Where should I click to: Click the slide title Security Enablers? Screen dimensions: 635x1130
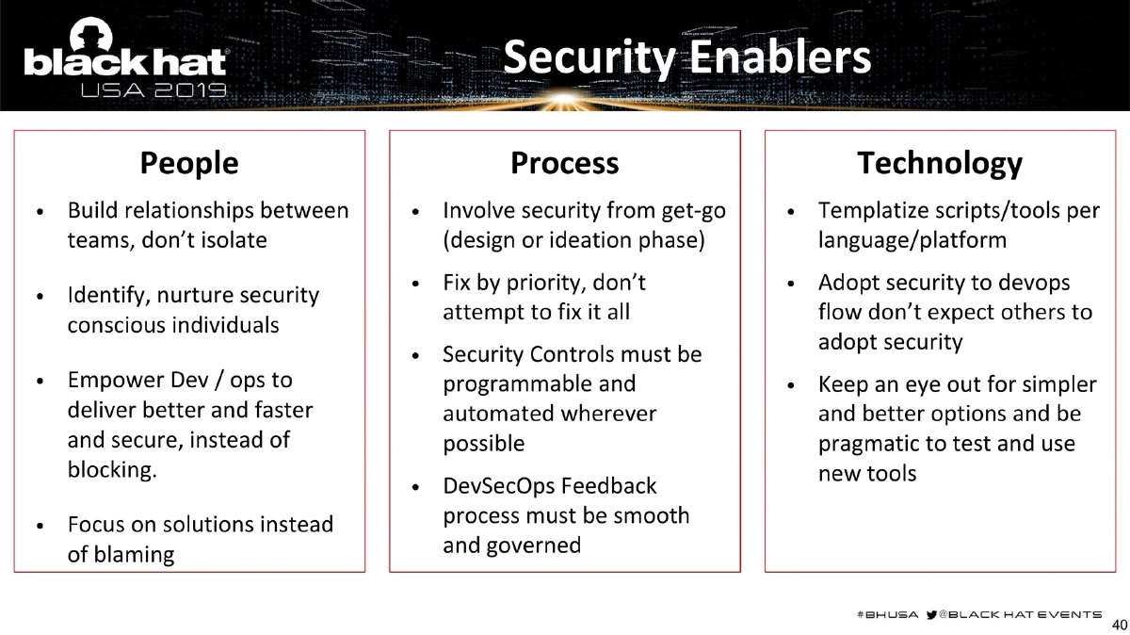[686, 57]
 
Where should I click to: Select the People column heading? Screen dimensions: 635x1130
[189, 163]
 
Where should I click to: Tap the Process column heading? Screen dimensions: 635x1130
[564, 163]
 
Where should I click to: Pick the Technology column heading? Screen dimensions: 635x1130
[939, 163]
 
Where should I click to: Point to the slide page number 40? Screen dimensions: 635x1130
[1120, 625]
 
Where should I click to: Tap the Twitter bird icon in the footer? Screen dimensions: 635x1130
[933, 613]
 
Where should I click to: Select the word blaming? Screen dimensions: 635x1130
[121, 554]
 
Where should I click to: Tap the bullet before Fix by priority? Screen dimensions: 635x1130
[415, 284]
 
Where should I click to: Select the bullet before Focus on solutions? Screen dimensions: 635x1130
[39, 525]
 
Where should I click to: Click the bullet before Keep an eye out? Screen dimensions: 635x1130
[791, 385]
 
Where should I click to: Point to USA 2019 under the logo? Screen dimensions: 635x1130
[153, 91]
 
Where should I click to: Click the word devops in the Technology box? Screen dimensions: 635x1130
[1036, 283]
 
